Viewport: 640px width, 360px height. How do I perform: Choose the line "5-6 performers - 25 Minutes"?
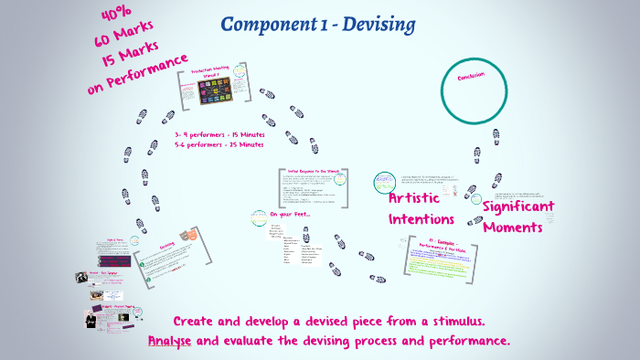click(x=219, y=144)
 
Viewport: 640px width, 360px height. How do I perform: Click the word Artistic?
click(x=420, y=198)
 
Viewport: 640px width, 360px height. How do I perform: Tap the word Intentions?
click(x=421, y=219)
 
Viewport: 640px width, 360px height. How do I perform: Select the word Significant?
click(x=531, y=206)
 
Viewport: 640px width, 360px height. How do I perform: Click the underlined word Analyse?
click(x=170, y=341)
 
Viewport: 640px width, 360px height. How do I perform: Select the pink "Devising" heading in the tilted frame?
click(x=167, y=245)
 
